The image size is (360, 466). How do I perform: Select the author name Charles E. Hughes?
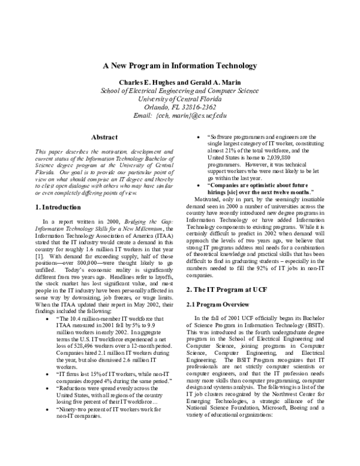tap(143, 82)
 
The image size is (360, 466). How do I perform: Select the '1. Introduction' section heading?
tap(55, 190)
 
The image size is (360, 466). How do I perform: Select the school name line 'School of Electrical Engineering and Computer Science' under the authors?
tap(180, 91)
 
